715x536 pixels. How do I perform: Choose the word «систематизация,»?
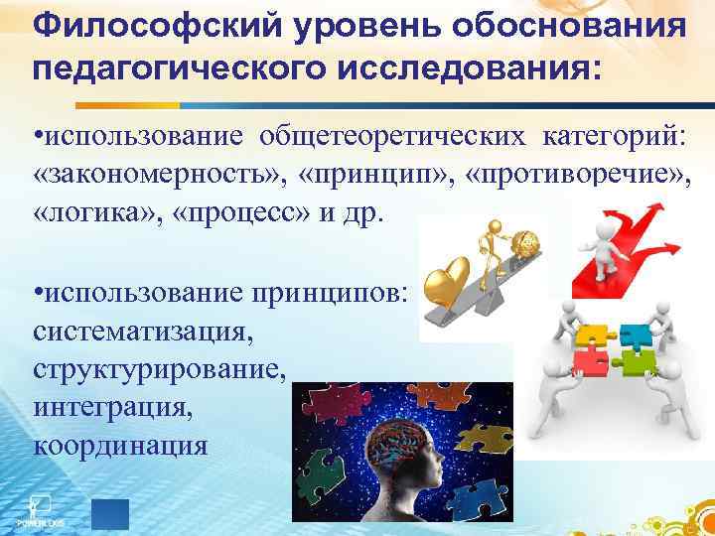coord(144,329)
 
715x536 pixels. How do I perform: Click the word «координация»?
coord(121,446)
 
